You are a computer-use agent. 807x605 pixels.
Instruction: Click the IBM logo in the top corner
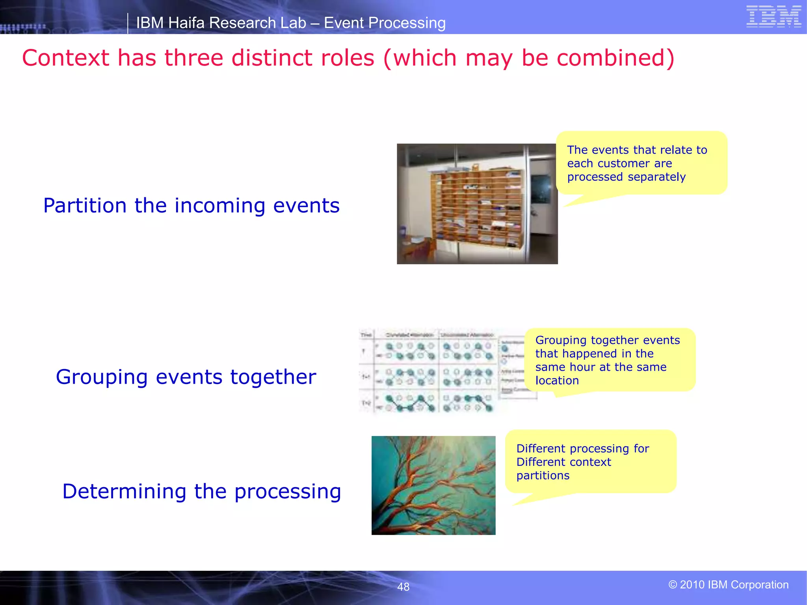(774, 17)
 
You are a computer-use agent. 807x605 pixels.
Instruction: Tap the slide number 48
(403, 587)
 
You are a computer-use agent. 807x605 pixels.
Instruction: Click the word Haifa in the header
(187, 23)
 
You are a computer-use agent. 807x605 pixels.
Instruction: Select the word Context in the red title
(65, 58)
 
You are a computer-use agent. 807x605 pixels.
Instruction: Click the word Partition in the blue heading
(85, 206)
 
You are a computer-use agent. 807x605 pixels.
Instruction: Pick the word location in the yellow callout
(557, 380)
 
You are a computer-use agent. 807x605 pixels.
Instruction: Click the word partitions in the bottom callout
(543, 475)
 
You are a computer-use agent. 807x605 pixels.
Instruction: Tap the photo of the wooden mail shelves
(477, 204)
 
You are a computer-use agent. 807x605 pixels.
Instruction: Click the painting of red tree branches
(433, 485)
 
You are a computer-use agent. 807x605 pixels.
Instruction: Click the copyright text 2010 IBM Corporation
(728, 585)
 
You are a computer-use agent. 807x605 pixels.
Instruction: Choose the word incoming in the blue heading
(220, 206)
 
